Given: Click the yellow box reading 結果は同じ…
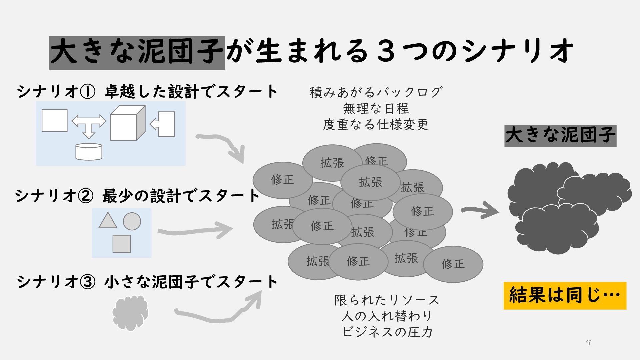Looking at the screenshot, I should (x=565, y=296).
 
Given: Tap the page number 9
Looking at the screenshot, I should (x=589, y=342).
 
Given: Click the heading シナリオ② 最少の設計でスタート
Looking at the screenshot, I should (x=137, y=196).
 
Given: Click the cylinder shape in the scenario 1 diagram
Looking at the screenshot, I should (x=89, y=152).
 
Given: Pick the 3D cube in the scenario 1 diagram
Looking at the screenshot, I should (x=127, y=123).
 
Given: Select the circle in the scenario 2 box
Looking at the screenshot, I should (x=132, y=221).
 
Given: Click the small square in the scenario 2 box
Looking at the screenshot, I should (x=122, y=244).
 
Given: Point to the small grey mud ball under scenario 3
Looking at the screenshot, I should (x=130, y=313).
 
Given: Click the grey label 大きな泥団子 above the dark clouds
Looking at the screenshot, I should (x=560, y=136).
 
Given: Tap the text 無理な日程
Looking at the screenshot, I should (x=376, y=108).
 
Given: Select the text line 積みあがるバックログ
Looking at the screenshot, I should (x=376, y=92).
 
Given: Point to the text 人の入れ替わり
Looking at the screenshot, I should (x=387, y=316).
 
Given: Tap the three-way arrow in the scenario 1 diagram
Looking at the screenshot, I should (x=89, y=125).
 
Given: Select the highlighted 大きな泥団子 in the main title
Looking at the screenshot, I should (x=137, y=53).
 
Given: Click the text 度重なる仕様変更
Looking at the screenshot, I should (x=376, y=125).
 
